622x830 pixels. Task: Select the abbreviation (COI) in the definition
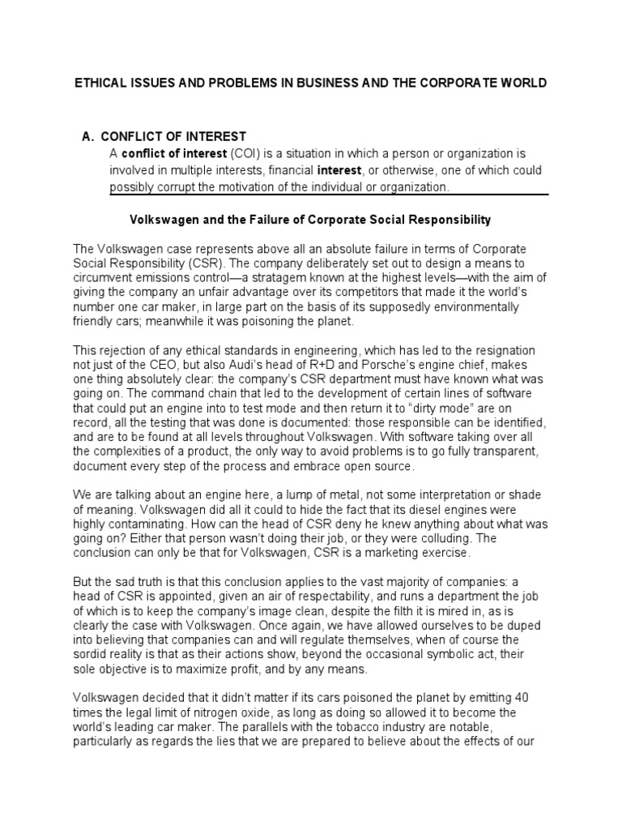click(x=245, y=153)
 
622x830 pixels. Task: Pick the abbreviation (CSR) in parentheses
click(x=202, y=264)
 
